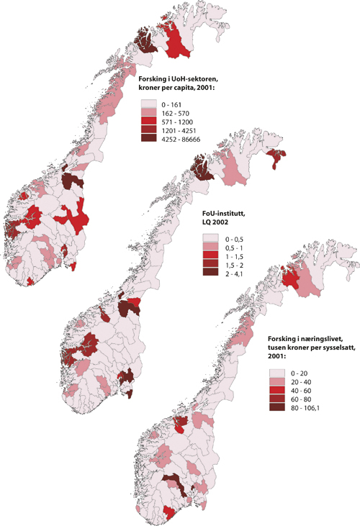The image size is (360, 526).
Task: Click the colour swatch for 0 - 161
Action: (x=150, y=104)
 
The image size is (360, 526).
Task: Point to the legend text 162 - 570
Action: (x=176, y=113)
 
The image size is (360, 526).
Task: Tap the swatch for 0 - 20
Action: (x=275, y=373)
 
